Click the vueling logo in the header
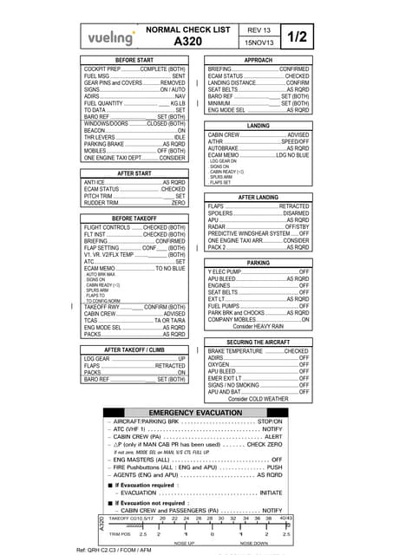[111, 37]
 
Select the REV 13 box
[258, 29]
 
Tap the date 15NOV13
[258, 42]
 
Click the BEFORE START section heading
[134, 60]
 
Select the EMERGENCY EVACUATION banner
[194, 412]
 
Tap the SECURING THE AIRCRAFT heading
[259, 343]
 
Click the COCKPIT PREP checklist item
[134, 69]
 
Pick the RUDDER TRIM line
[134, 203]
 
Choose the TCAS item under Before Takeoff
[134, 320]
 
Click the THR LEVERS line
[134, 137]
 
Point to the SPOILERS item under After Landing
[259, 213]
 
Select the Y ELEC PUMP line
[259, 271]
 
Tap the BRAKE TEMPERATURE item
[259, 351]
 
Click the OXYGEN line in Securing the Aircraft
[259, 364]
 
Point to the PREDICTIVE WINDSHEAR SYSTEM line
[259, 233]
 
